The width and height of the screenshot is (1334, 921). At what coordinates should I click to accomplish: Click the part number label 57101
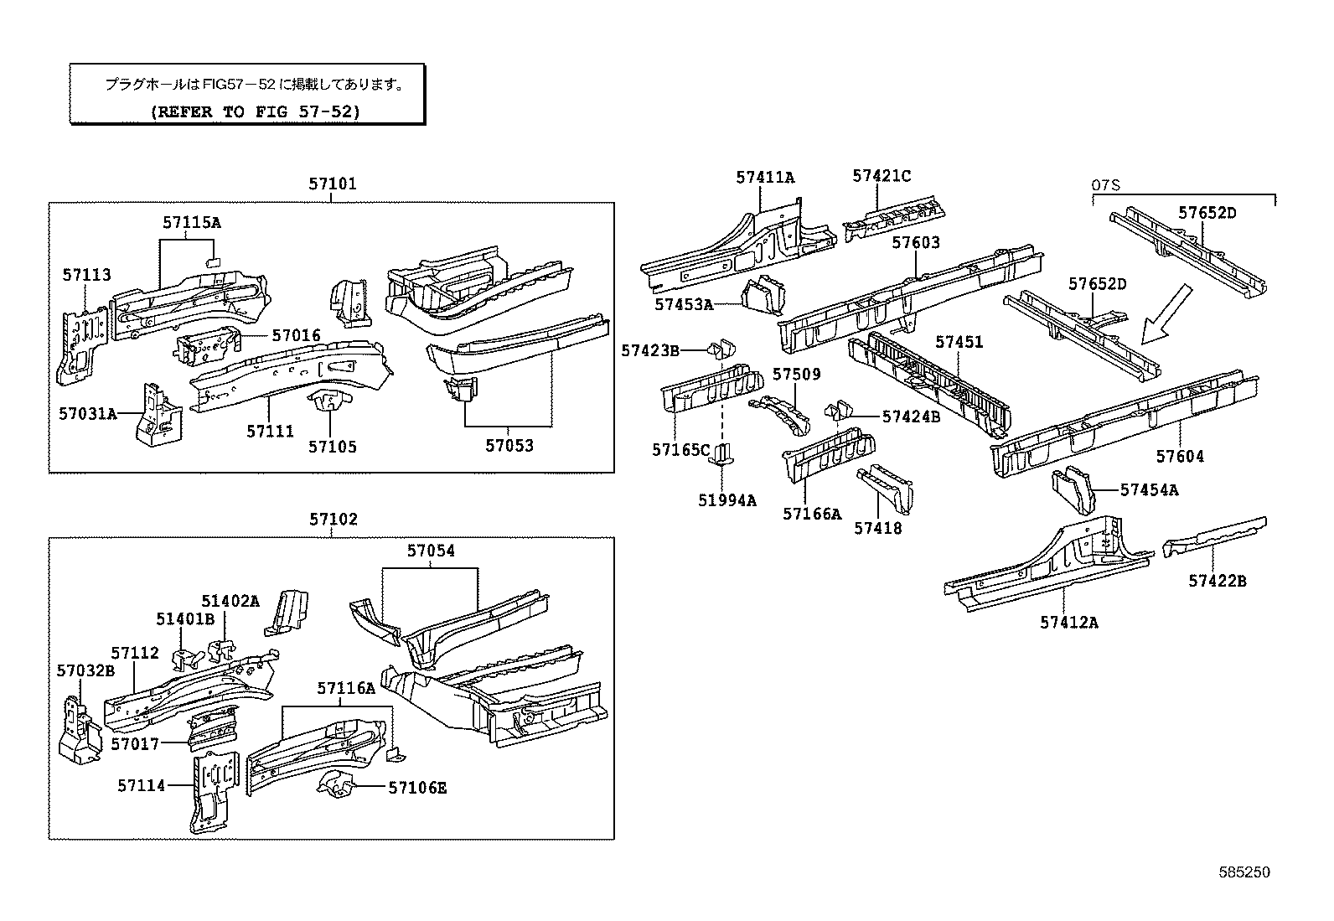pyautogui.click(x=332, y=184)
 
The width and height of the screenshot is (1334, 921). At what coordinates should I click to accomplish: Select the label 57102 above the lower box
pyautogui.click(x=333, y=519)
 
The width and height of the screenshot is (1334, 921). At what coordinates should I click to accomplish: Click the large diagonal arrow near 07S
pyautogui.click(x=1166, y=313)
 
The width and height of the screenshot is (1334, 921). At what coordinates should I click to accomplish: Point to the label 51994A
pyautogui.click(x=726, y=500)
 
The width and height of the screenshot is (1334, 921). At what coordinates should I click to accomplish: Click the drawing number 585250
pyautogui.click(x=1244, y=872)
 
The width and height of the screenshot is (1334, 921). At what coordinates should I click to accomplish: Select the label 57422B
pyautogui.click(x=1217, y=580)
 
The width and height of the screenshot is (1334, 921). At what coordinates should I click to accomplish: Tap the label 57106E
pyautogui.click(x=416, y=788)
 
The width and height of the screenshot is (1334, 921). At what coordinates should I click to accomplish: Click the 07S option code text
pyautogui.click(x=1106, y=184)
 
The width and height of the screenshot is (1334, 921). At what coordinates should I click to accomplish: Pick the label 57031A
pyautogui.click(x=87, y=413)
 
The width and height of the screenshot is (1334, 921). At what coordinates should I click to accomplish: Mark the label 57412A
pyautogui.click(x=1069, y=622)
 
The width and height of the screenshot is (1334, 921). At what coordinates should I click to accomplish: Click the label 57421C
pyautogui.click(x=882, y=176)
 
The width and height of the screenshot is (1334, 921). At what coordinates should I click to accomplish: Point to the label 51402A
pyautogui.click(x=230, y=601)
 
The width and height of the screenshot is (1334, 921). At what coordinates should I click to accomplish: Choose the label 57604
pyautogui.click(x=1180, y=457)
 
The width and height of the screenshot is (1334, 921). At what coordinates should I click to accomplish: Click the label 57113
pyautogui.click(x=86, y=275)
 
